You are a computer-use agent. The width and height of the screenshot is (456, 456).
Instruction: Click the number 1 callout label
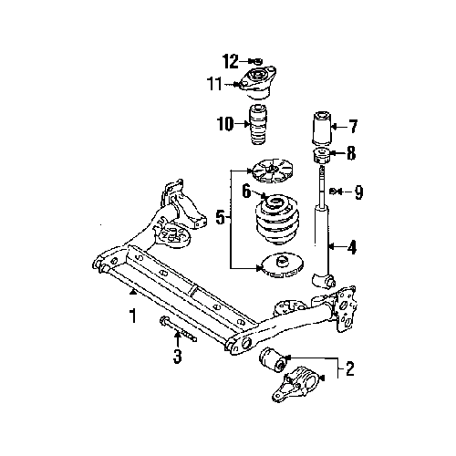(x=132, y=317)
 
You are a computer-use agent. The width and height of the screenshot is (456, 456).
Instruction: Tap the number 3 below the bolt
(x=178, y=357)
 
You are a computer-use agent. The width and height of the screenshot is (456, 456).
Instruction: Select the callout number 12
(x=231, y=61)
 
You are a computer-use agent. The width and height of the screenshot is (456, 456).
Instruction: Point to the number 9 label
(x=358, y=192)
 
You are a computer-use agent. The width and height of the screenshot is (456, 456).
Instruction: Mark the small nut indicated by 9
(x=335, y=192)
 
